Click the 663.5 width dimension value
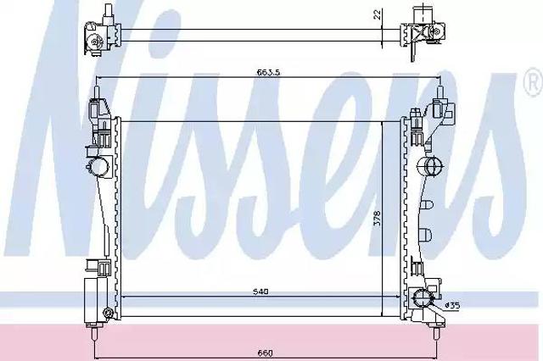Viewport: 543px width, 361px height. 268,72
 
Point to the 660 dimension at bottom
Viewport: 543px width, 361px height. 266,353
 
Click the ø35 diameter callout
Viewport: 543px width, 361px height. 452,305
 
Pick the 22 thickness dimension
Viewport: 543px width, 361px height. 378,14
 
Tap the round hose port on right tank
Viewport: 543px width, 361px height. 430,167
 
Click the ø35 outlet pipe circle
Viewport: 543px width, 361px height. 422,297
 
